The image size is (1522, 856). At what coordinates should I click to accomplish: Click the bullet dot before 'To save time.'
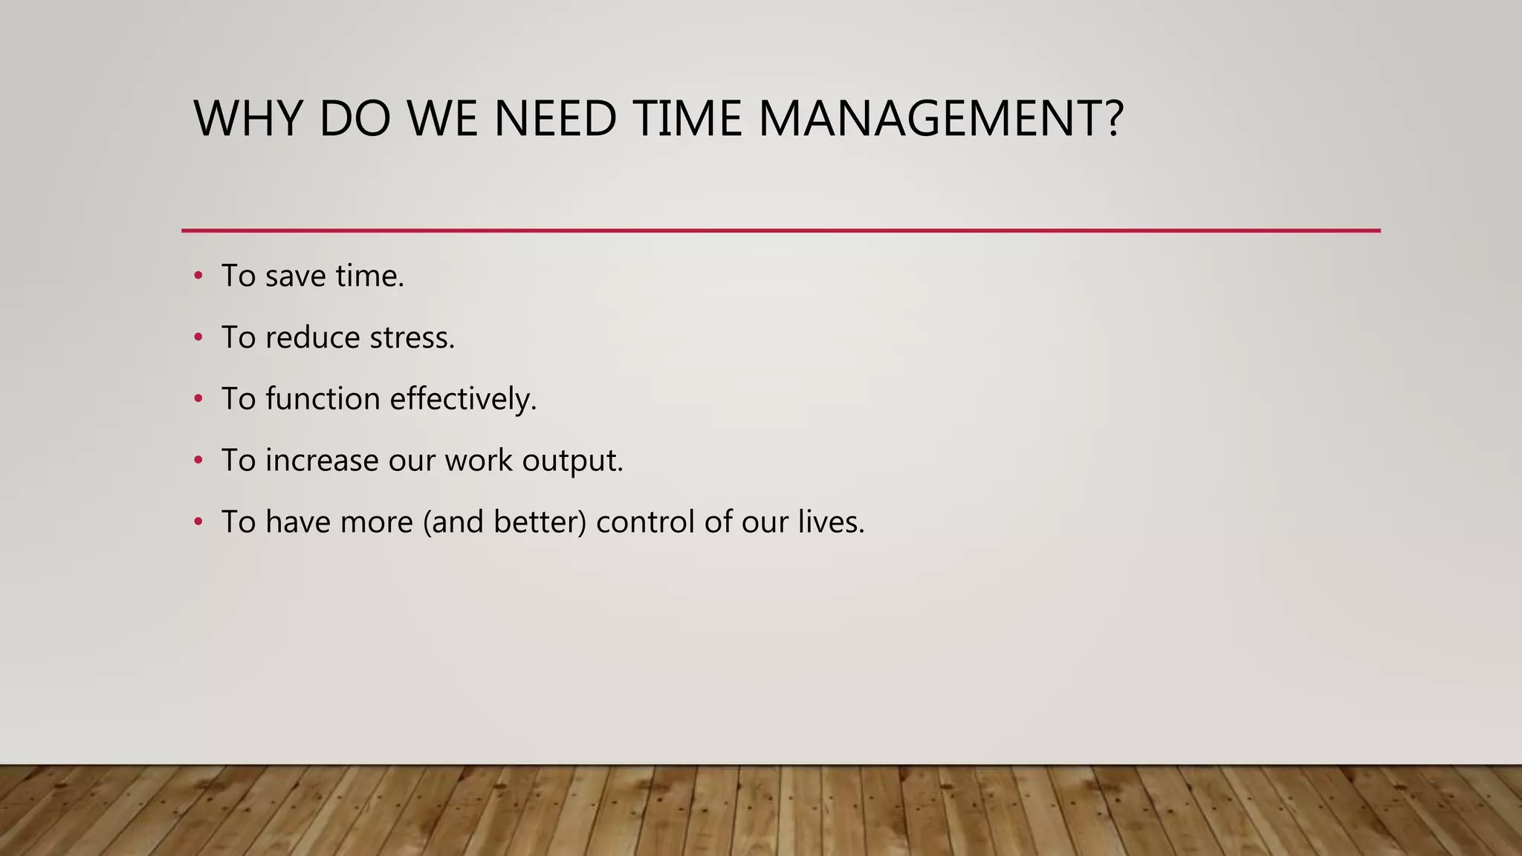tap(198, 276)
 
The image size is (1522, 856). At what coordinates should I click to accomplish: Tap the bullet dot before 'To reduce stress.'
tap(198, 338)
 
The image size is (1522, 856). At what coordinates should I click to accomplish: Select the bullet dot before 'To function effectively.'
tap(198, 400)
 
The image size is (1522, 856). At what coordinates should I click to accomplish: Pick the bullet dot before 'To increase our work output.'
tap(198, 461)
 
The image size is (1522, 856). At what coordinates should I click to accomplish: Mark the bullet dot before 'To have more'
tap(198, 522)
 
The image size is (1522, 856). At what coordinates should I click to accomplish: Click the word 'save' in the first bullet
tap(295, 276)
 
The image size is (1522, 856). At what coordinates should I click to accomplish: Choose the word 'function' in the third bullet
tap(323, 399)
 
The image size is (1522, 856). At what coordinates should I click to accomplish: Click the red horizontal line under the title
tap(780, 231)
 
